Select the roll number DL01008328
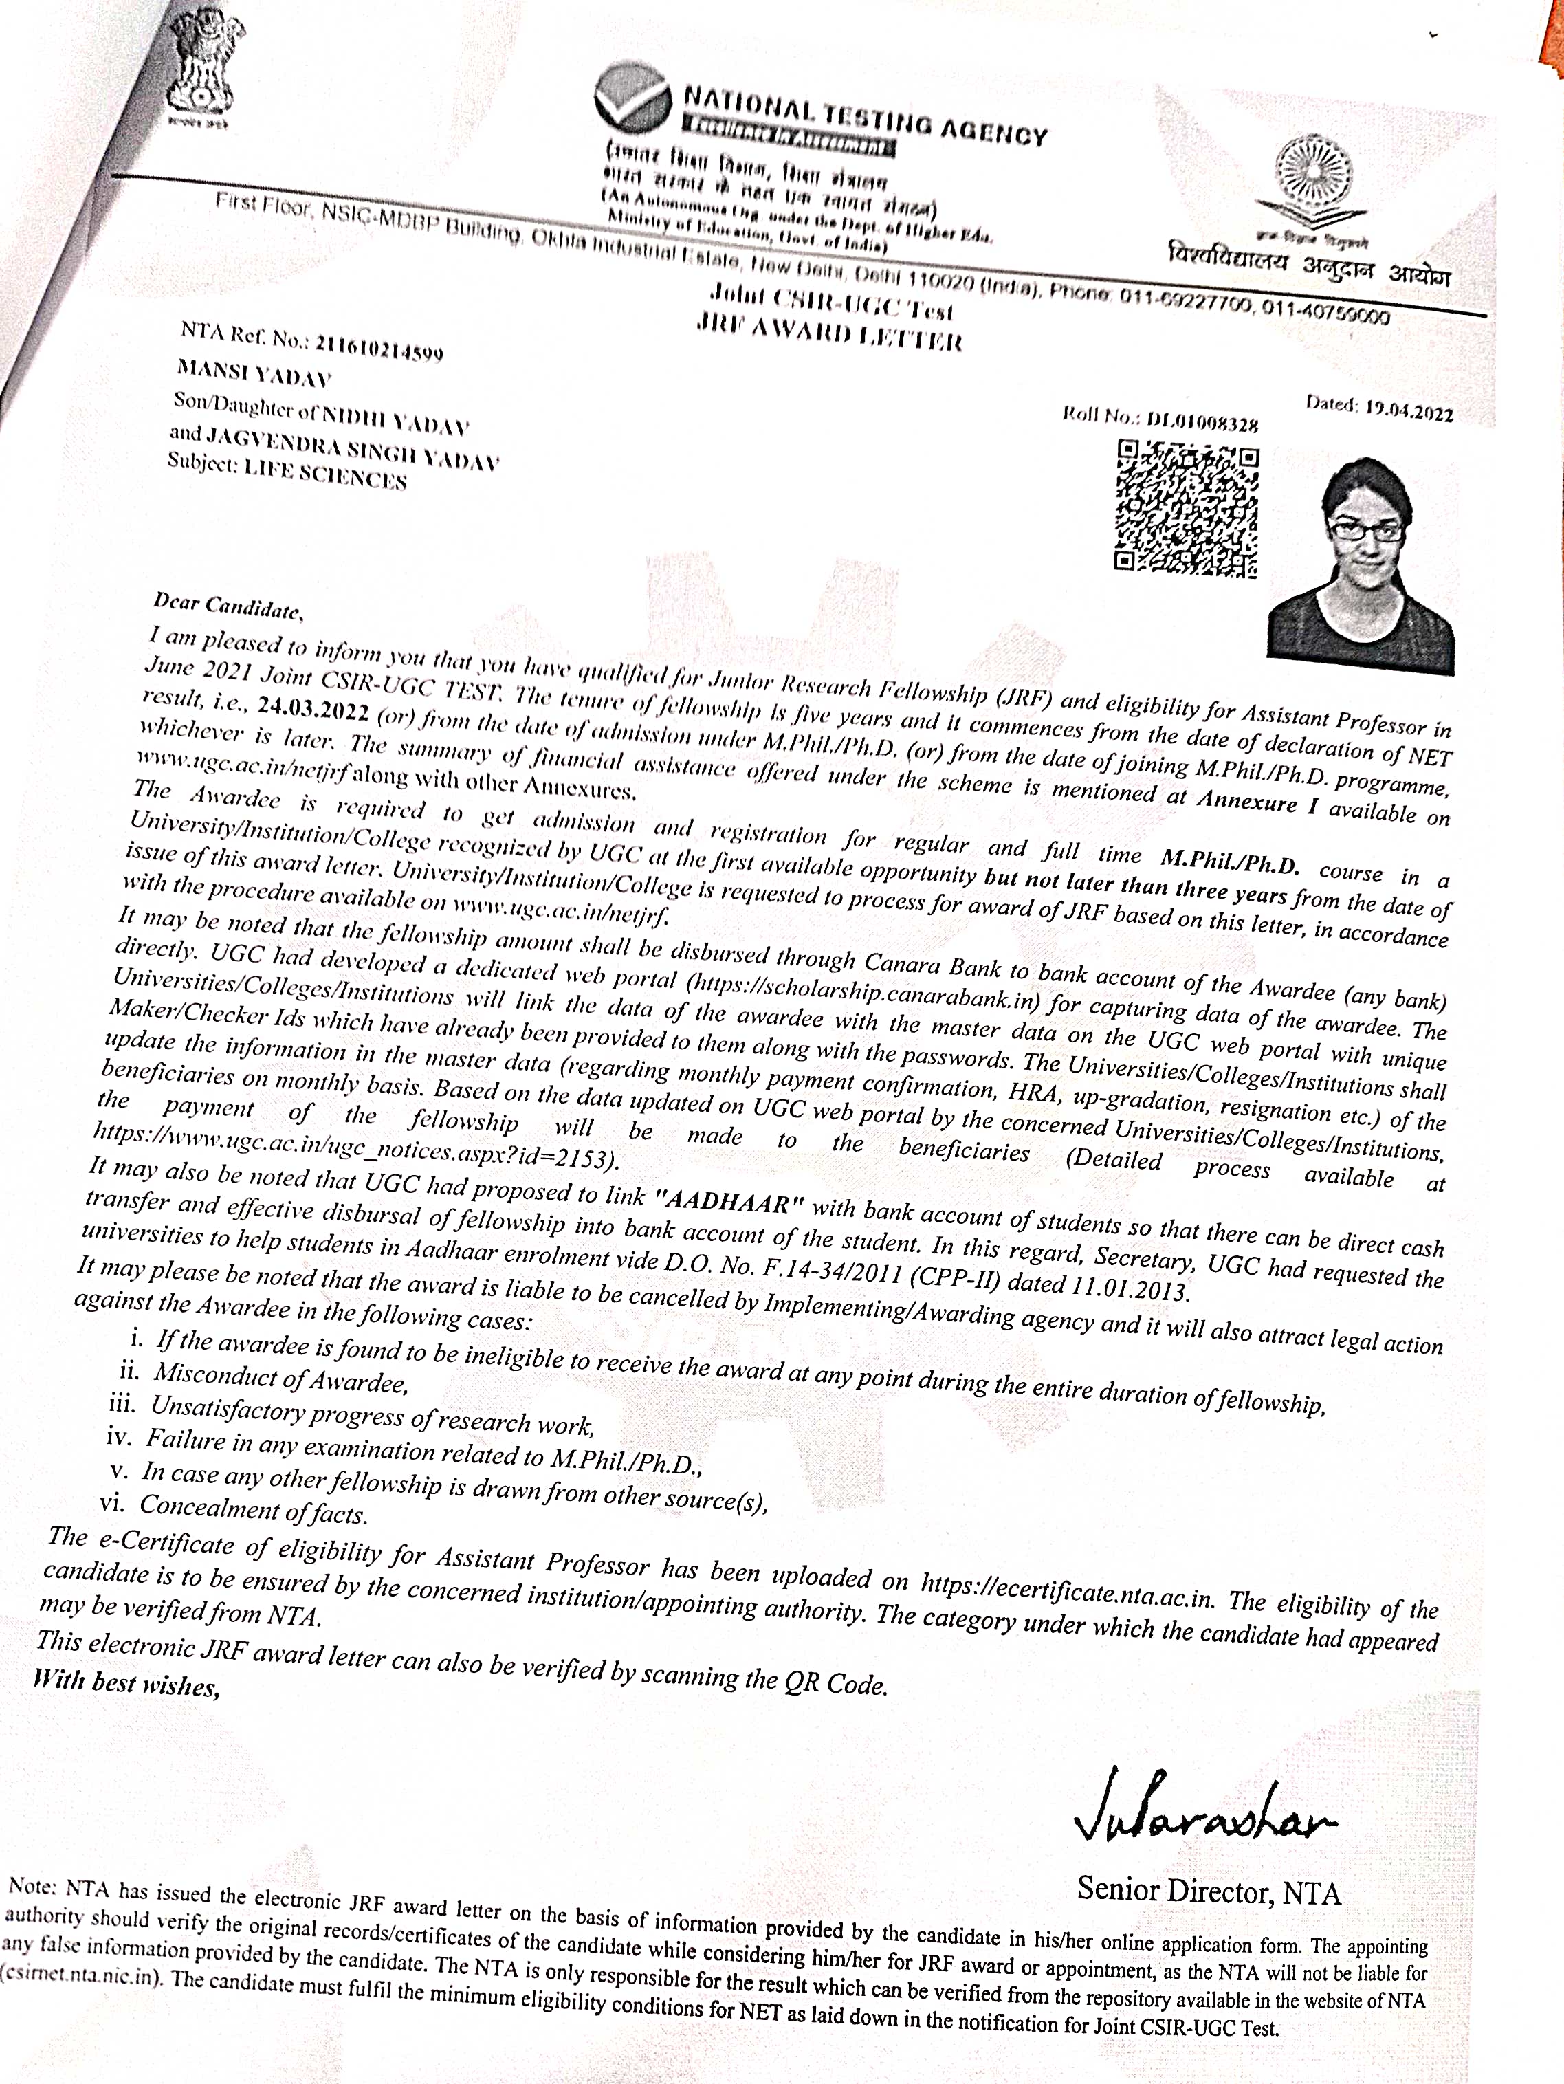(1201, 421)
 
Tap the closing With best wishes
(127, 1682)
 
